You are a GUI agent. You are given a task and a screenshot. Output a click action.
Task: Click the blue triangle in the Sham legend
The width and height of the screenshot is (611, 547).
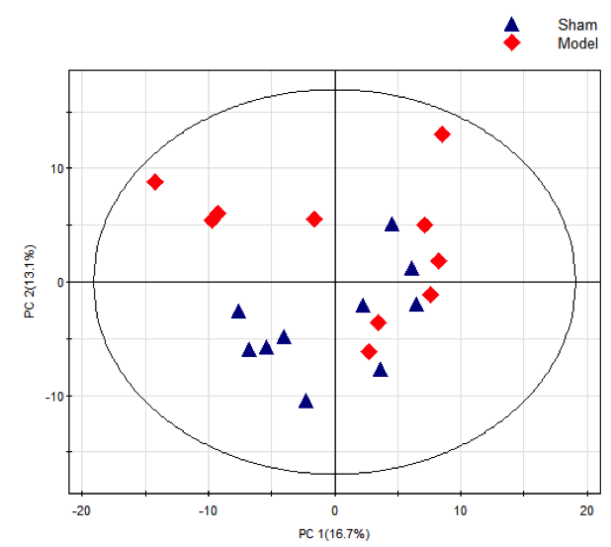(511, 25)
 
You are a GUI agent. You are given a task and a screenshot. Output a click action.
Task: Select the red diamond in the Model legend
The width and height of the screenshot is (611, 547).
(511, 44)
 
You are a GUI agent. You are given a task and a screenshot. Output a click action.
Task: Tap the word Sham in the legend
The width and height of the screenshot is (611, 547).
(577, 25)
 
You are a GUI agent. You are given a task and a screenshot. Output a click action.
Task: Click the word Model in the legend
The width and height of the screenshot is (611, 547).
(577, 44)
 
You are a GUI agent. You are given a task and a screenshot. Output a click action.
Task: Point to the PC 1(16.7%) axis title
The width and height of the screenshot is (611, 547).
(334, 534)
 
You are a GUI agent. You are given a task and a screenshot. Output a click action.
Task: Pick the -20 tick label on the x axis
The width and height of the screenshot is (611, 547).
(81, 510)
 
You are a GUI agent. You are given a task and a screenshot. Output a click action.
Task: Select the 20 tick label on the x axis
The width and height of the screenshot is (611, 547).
(587, 510)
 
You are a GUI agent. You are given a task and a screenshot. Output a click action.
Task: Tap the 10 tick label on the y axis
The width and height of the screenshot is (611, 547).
(57, 168)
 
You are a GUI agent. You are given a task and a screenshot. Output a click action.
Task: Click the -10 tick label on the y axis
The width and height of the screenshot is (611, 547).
(54, 397)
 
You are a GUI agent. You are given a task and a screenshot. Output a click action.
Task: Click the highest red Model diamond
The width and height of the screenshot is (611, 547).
(442, 135)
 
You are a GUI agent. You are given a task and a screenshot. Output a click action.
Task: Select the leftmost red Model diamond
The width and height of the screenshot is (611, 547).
(155, 182)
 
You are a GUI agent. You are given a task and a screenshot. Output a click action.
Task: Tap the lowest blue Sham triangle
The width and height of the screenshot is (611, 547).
(306, 401)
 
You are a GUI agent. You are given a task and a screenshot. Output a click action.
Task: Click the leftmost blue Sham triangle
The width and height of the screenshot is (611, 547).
(238, 311)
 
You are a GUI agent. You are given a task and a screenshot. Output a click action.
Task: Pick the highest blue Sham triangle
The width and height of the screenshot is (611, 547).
(392, 225)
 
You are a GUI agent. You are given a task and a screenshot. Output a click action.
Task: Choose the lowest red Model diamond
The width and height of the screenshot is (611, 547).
(369, 351)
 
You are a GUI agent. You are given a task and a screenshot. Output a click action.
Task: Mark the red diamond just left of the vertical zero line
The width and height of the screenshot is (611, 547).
(314, 219)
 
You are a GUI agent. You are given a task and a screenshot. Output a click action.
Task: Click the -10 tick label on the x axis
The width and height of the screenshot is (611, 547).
(208, 510)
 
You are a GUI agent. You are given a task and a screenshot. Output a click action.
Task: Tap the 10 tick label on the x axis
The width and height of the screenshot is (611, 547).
(461, 510)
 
